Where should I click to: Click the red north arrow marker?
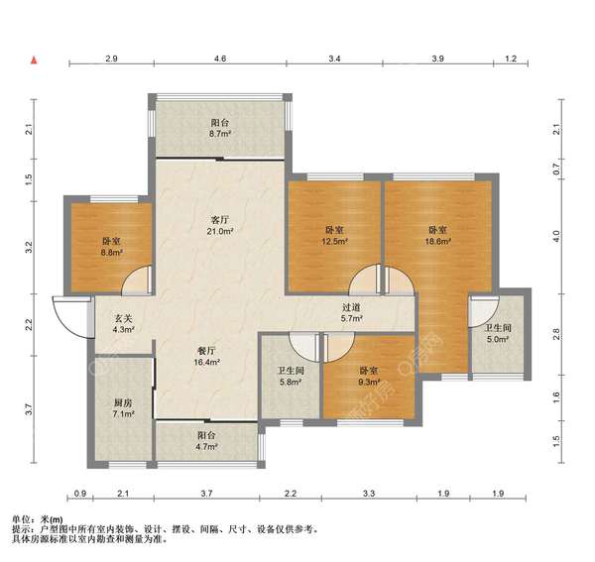click(x=34, y=59)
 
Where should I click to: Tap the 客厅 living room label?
click(x=220, y=220)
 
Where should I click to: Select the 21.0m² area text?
click(x=220, y=231)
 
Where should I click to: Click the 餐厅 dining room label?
click(x=207, y=351)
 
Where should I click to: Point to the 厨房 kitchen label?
click(x=123, y=402)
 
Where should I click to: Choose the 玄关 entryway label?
click(x=123, y=318)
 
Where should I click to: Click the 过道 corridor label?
click(x=351, y=307)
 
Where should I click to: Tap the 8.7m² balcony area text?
click(x=220, y=134)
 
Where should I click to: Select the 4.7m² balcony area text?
click(x=207, y=447)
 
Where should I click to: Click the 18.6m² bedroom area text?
click(x=438, y=241)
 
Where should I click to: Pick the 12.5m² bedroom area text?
click(x=335, y=241)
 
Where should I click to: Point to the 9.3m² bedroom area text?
click(x=369, y=383)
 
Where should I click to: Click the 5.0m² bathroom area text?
click(x=498, y=339)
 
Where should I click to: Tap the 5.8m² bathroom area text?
click(x=291, y=383)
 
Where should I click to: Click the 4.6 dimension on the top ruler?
click(x=220, y=58)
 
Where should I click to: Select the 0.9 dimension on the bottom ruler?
click(x=80, y=494)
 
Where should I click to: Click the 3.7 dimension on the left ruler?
click(x=29, y=409)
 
